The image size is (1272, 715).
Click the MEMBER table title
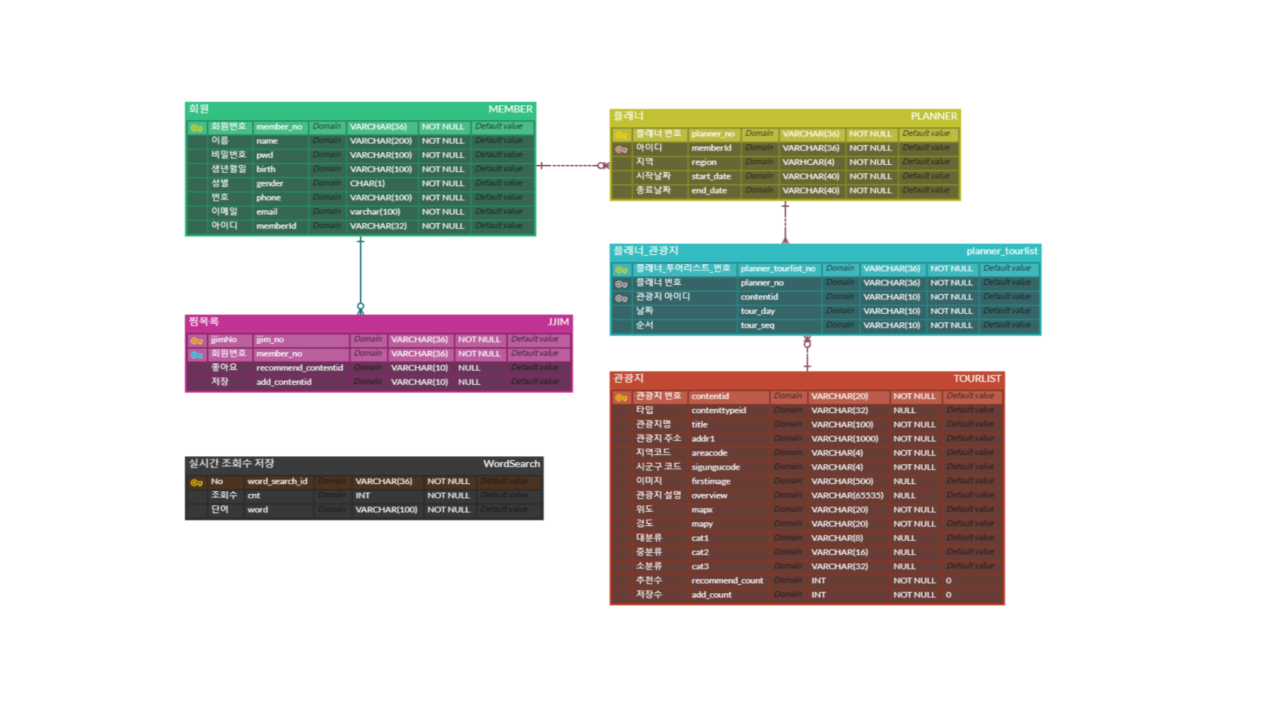(x=509, y=109)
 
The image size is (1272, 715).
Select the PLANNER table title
(x=933, y=117)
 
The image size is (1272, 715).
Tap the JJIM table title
(x=558, y=322)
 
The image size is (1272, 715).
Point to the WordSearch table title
(x=511, y=463)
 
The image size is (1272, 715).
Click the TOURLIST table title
(x=977, y=379)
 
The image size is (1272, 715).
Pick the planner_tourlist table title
(x=1001, y=251)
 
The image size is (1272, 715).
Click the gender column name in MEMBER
(x=270, y=183)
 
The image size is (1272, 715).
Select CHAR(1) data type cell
(x=367, y=183)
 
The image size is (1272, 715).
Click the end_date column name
(x=709, y=191)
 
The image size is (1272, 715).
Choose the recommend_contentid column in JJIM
(x=299, y=368)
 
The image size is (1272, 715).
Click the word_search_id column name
(x=277, y=481)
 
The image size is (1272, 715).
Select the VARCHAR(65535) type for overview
(x=847, y=495)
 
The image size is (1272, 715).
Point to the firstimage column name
(x=710, y=481)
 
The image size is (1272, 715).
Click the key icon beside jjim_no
(x=197, y=341)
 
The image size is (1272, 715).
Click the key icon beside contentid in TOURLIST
(x=621, y=398)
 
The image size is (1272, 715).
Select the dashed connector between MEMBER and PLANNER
(x=570, y=166)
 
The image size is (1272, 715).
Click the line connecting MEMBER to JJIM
(x=360, y=271)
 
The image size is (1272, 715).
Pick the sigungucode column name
(x=715, y=467)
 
